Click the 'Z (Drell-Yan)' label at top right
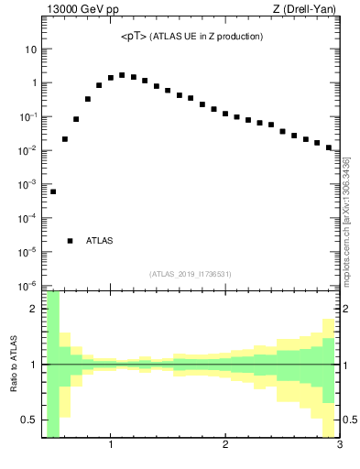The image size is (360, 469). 308,10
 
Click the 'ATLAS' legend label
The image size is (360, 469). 99,241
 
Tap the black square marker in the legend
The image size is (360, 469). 70,241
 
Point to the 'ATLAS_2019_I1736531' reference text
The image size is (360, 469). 191,274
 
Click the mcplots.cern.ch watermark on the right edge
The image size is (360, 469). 347,220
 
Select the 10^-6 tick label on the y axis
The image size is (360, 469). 27,285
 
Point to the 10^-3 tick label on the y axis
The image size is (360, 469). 27,184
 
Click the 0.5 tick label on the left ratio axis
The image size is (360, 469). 28,420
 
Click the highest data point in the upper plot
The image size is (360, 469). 122,75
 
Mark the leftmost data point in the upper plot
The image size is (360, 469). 53,191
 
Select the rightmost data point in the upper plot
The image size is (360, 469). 328,147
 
